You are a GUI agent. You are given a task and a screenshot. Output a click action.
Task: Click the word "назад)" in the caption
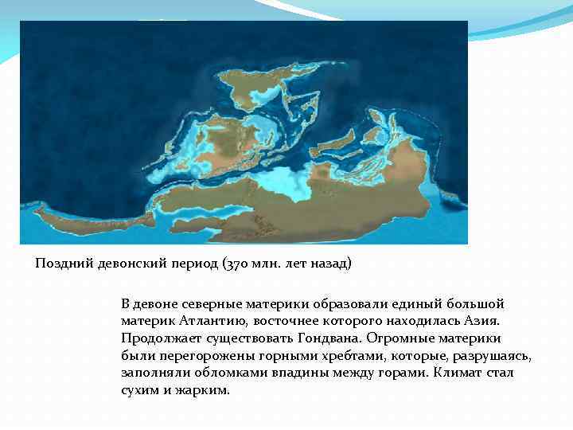[x=329, y=264]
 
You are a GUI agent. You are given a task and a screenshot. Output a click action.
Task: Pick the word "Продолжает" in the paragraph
[x=161, y=338]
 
